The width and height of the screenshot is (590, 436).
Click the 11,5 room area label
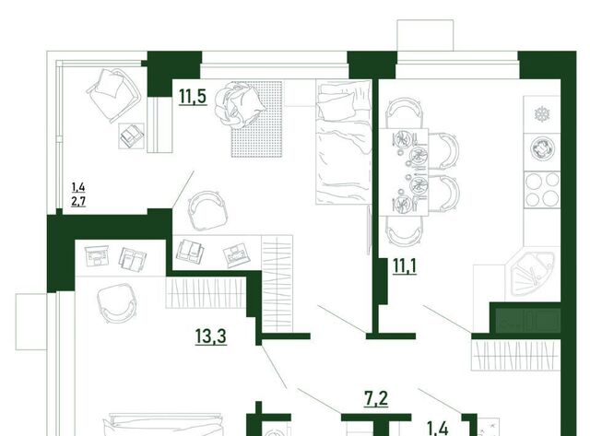click(x=193, y=96)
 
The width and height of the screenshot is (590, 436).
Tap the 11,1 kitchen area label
click(x=405, y=266)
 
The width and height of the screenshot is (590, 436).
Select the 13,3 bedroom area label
click(x=211, y=336)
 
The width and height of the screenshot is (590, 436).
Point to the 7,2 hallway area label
click(x=376, y=398)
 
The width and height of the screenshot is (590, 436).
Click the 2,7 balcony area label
click(x=78, y=201)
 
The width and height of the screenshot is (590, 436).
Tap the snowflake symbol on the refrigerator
click(x=542, y=114)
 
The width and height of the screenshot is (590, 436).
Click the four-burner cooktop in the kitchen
click(x=542, y=189)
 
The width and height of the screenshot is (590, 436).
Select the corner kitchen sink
click(x=531, y=274)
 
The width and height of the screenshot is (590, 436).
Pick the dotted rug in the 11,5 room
click(x=256, y=119)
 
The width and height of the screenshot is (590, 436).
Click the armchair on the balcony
click(x=112, y=95)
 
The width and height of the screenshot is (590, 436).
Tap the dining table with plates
click(x=404, y=172)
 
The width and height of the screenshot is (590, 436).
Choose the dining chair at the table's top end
click(x=404, y=113)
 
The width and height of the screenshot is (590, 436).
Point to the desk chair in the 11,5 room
click(x=207, y=210)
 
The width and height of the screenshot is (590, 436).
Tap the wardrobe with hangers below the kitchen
click(x=516, y=355)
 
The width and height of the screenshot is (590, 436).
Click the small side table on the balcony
click(x=132, y=136)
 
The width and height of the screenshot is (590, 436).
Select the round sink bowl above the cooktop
click(x=542, y=148)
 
